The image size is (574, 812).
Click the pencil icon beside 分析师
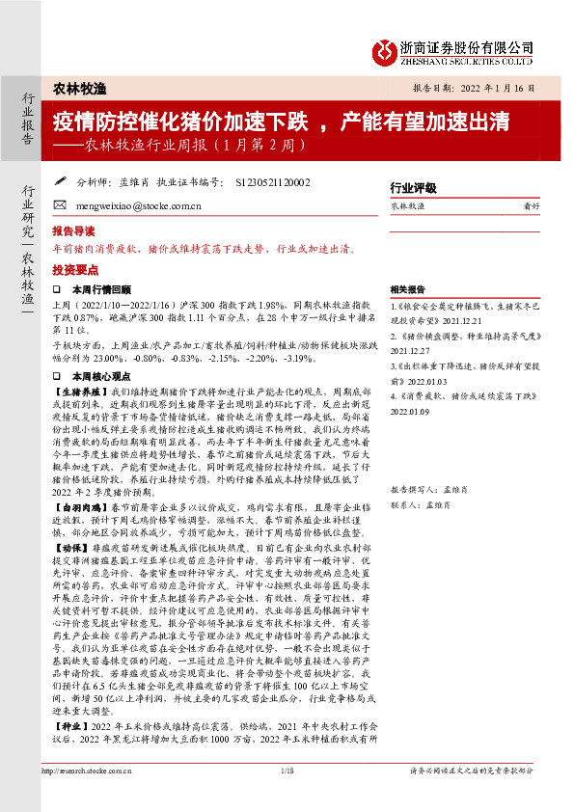(x=60, y=180)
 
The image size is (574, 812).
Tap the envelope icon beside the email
(x=60, y=205)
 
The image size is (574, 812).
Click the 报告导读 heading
(x=73, y=231)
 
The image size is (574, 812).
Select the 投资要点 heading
(x=73, y=271)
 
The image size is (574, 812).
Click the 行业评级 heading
(x=413, y=187)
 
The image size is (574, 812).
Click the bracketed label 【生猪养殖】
(x=83, y=394)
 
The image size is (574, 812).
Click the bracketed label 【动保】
(x=71, y=575)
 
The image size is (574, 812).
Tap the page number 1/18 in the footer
(x=286, y=798)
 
